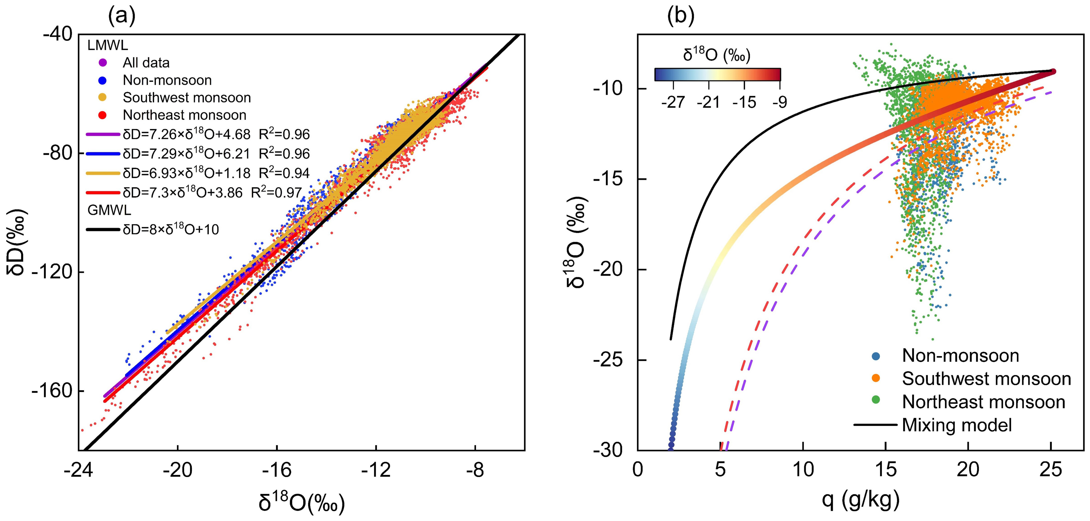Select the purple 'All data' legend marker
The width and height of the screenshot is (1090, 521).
tap(102, 63)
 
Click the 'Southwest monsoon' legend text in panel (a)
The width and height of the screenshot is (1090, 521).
tap(187, 98)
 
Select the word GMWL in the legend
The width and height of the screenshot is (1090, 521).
tap(109, 210)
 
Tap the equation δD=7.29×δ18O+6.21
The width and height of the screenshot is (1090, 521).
tap(186, 154)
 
